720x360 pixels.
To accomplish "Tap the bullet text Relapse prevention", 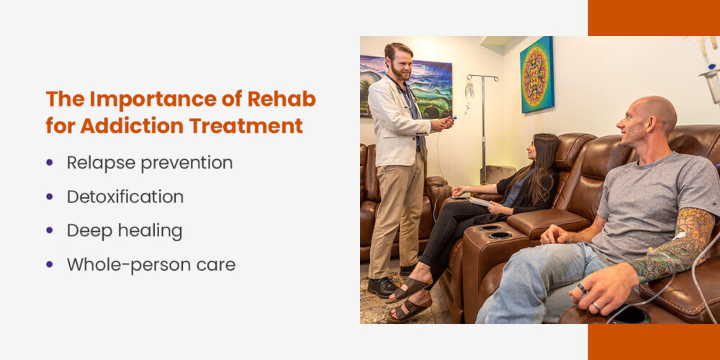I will click(149, 163).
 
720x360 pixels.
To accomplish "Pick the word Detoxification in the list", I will click(125, 197).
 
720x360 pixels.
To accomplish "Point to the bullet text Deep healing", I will click(124, 230).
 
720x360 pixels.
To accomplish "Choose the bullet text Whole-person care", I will click(150, 264).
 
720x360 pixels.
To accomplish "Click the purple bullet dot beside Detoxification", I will click(50, 197).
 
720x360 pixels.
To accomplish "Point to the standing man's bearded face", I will click(399, 66).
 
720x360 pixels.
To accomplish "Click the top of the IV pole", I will click(482, 76).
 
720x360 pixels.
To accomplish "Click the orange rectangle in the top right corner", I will click(654, 17).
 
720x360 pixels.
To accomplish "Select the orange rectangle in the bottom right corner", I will click(654, 342).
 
